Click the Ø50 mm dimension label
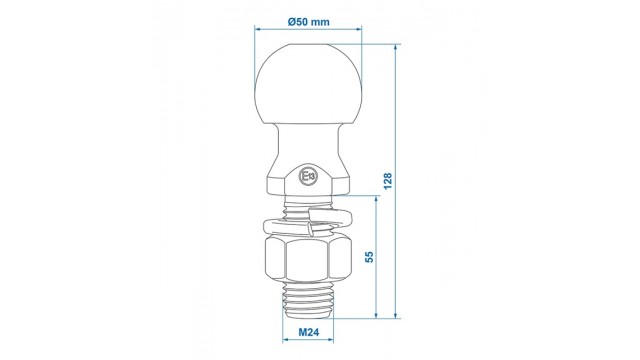click(308, 22)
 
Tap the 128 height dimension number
click(388, 181)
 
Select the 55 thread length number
click(369, 257)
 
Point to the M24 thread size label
click(308, 332)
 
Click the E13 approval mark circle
click(308, 176)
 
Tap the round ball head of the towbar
click(308, 84)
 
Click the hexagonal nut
click(308, 258)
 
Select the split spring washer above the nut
click(308, 222)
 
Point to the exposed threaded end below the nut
click(308, 300)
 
